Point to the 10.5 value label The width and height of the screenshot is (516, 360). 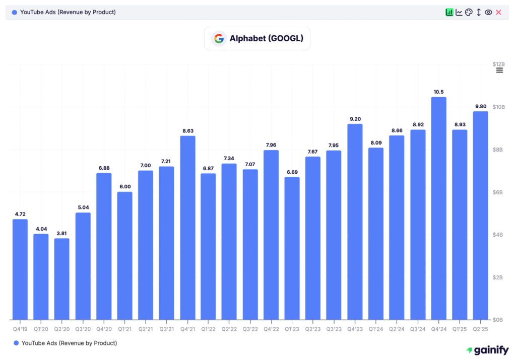click(438, 92)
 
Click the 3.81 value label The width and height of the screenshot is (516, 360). click(62, 233)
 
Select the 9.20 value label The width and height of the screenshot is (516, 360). click(355, 119)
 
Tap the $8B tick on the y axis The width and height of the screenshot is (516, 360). click(498, 150)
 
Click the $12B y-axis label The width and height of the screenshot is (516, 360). click(498, 64)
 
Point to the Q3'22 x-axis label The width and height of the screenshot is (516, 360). click(250, 328)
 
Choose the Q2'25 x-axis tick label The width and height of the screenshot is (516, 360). click(480, 328)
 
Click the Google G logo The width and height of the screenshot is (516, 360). click(219, 38)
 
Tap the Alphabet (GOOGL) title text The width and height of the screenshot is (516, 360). click(266, 38)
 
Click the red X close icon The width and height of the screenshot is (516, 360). click(498, 12)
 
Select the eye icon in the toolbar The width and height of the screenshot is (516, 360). click(488, 12)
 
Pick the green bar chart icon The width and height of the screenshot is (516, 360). click(449, 12)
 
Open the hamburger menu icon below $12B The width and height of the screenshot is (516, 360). click(499, 70)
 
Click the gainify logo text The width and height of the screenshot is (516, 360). click(487, 350)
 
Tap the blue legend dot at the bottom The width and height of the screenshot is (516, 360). click(16, 343)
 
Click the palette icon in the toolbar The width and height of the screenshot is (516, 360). click(469, 12)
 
